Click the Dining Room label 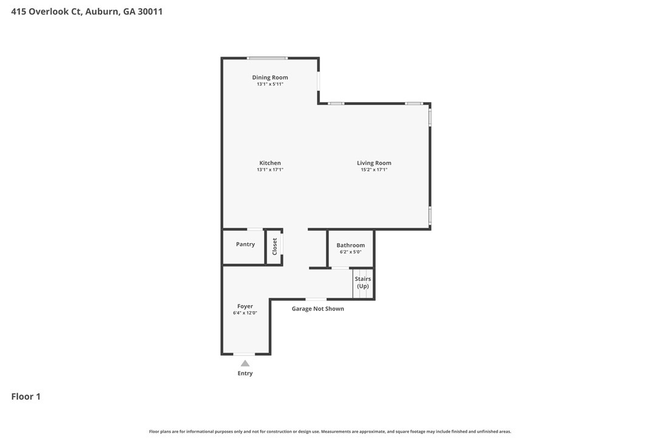click(270, 78)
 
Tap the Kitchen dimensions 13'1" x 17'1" click(270, 170)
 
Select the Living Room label click(374, 163)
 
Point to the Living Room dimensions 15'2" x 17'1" click(374, 170)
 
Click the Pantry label click(246, 244)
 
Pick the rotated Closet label click(275, 246)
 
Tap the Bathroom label click(351, 246)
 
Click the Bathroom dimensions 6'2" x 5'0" click(351, 252)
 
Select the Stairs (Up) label click(363, 283)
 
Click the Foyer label click(245, 306)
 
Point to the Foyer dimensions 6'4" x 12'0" click(245, 313)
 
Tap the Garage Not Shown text click(318, 309)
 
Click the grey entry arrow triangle click(245, 363)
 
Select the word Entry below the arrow click(245, 373)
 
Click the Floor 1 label click(26, 397)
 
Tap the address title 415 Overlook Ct click(87, 11)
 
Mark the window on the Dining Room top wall click(267, 58)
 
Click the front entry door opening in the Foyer click(244, 354)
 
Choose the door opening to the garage click(315, 299)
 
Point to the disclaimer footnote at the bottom click(330, 431)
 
